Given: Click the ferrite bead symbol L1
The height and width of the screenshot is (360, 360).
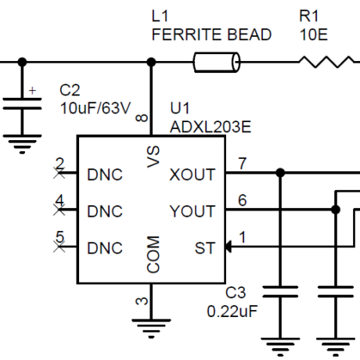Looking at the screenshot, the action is pyautogui.click(x=216, y=62).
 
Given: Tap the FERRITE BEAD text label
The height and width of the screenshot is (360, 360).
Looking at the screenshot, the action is pyautogui.click(x=211, y=34).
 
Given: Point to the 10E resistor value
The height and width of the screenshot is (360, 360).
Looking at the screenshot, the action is pyautogui.click(x=314, y=34).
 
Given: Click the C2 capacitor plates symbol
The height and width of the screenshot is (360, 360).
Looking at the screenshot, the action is pyautogui.click(x=22, y=103).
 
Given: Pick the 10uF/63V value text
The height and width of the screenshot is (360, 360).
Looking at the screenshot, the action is pyautogui.click(x=95, y=108).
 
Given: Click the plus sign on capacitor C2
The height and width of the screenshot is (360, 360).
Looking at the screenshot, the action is pyautogui.click(x=32, y=91).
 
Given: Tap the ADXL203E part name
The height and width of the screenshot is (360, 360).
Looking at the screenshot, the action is pyautogui.click(x=211, y=127).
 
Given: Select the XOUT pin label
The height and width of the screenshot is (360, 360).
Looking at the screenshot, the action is pyautogui.click(x=193, y=175).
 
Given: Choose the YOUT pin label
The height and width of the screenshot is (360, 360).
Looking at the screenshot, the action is pyautogui.click(x=193, y=211).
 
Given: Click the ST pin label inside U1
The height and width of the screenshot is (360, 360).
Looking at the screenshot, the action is pyautogui.click(x=205, y=248).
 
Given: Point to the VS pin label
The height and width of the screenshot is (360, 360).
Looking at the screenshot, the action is pyautogui.click(x=153, y=157).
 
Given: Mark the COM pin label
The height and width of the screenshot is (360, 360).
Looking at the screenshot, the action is pyautogui.click(x=153, y=254).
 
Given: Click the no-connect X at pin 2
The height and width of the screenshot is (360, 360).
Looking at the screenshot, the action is pyautogui.click(x=59, y=173).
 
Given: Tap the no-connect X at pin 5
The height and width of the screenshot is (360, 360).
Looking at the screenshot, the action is pyautogui.click(x=59, y=247).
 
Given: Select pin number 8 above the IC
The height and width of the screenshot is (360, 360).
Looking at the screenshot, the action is pyautogui.click(x=142, y=118).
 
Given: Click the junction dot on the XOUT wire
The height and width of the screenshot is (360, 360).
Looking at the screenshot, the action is pyautogui.click(x=280, y=173).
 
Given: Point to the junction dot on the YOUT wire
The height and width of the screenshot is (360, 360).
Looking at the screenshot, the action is pyautogui.click(x=336, y=210).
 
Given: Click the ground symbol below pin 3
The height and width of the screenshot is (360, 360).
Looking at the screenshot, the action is pyautogui.click(x=151, y=329).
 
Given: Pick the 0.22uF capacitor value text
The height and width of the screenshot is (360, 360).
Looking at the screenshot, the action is pyautogui.click(x=232, y=311).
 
